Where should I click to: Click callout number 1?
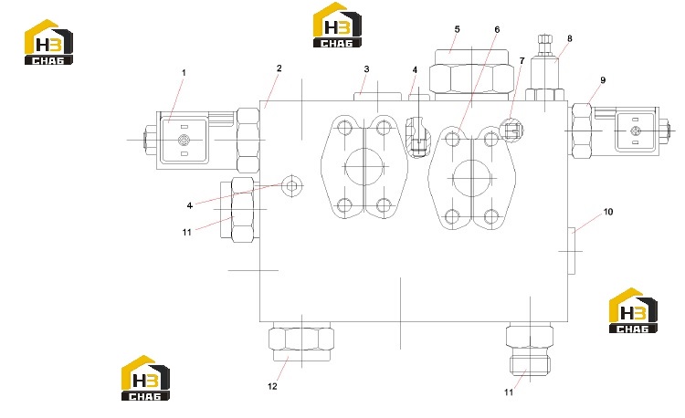184,73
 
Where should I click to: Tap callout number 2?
279,68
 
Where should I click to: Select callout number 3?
366,69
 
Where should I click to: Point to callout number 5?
457,29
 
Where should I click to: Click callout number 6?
497,30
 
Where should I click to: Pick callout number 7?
522,60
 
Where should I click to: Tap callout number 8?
569,38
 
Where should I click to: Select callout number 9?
603,80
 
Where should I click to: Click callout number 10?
608,212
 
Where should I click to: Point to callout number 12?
272,387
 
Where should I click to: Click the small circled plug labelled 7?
511,130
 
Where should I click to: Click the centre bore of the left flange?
364,167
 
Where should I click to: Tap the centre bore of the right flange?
472,178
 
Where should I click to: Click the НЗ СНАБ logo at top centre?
337,25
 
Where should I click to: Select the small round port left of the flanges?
292,186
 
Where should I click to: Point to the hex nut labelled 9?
582,130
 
